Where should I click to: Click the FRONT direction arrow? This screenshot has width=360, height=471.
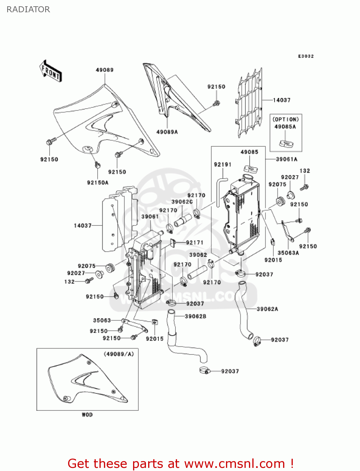click(51, 71)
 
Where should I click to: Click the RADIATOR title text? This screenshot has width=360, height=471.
click(28, 9)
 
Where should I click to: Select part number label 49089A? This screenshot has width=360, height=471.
click(167, 132)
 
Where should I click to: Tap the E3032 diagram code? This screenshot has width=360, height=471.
click(306, 56)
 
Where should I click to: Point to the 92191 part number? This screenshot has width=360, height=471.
click(223, 165)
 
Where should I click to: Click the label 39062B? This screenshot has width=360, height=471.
click(196, 316)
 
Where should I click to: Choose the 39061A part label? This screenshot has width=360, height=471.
click(286, 159)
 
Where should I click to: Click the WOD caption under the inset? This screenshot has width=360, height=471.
click(87, 415)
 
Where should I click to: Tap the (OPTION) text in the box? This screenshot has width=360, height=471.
click(286, 119)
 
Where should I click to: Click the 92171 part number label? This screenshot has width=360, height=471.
click(195, 242)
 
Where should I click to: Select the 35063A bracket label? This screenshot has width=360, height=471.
click(288, 253)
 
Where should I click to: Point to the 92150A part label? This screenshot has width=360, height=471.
click(98, 182)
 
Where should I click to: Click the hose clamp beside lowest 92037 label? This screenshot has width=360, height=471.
click(204, 371)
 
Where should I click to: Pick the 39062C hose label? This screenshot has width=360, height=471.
click(182, 202)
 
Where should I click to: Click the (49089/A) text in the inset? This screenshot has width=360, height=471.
click(119, 354)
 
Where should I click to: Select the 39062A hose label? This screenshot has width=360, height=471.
click(267, 309)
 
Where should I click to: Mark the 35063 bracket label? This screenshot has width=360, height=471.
click(102, 320)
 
